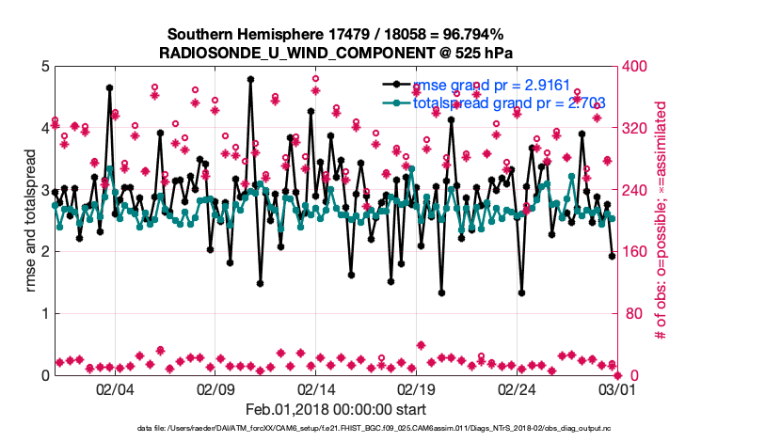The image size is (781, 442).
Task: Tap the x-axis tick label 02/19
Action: click(x=417, y=388)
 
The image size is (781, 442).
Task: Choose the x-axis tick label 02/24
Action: click(x=517, y=388)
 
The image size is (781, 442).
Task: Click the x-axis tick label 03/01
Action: click(x=617, y=388)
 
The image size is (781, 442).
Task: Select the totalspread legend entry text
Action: click(x=508, y=103)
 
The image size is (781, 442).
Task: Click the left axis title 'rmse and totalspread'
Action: click(x=31, y=221)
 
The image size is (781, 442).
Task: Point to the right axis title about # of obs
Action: click(x=661, y=221)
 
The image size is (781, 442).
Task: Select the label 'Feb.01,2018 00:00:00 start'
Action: click(x=336, y=409)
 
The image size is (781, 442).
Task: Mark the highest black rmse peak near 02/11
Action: click(x=250, y=80)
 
